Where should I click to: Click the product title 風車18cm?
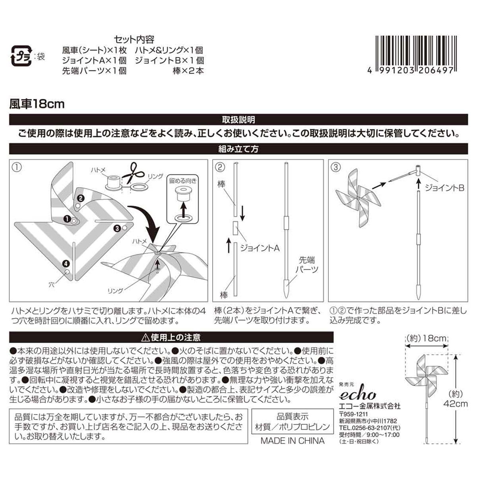click(37, 105)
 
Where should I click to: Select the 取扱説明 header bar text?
click(238, 120)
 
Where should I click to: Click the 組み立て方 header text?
click(238, 149)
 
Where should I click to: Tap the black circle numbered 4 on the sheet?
click(66, 263)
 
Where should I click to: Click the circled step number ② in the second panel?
click(221, 167)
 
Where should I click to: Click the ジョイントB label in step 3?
click(444, 188)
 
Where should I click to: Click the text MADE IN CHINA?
click(292, 441)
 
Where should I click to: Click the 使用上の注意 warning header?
click(171, 338)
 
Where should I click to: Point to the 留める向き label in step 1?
click(183, 180)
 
